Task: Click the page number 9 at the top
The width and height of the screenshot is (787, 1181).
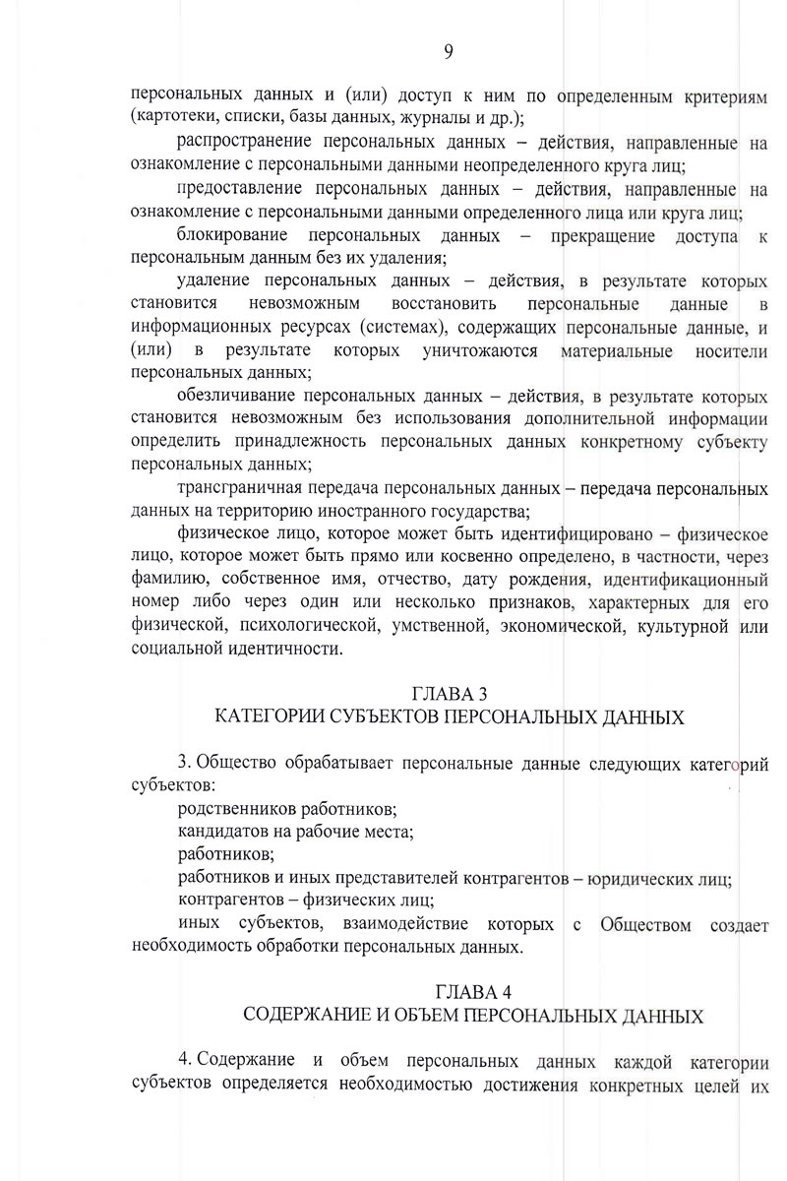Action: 448,52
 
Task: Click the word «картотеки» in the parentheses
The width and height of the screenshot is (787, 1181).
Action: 173,119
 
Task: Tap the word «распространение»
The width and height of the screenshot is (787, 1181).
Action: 253,144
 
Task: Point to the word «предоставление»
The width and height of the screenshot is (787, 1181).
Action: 247,189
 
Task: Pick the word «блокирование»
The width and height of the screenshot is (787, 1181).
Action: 233,236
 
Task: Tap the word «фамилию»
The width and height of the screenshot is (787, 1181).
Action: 165,581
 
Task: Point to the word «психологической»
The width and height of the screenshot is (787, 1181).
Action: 295,626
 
